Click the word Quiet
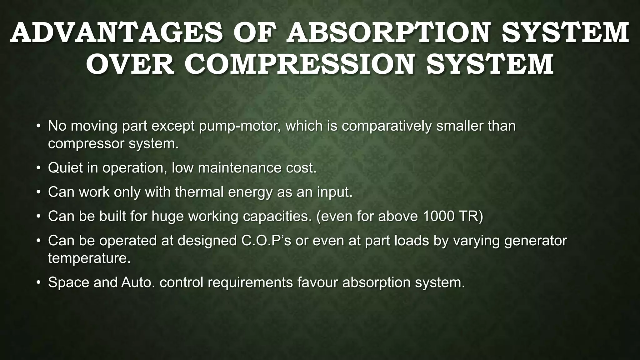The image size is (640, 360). (x=65, y=168)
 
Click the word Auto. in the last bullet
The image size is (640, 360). (x=138, y=282)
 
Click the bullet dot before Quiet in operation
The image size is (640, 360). (x=38, y=168)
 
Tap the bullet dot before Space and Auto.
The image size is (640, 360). (x=38, y=282)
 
